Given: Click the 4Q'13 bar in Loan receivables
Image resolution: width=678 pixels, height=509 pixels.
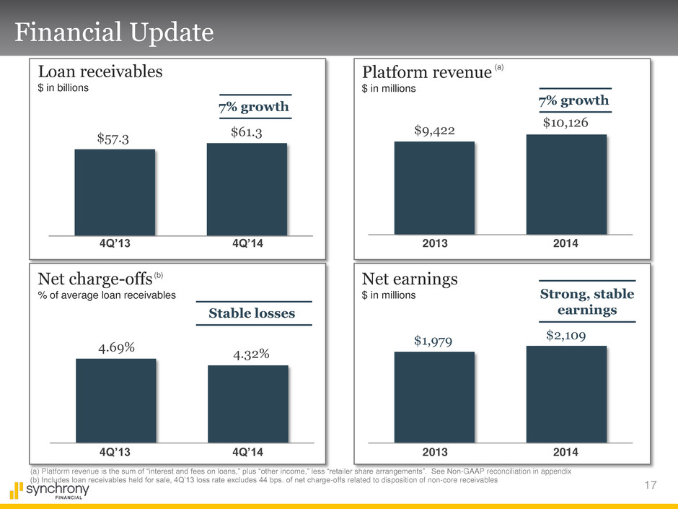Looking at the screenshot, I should click(x=115, y=192).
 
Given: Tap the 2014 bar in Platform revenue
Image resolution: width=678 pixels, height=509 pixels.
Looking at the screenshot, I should click(x=566, y=184).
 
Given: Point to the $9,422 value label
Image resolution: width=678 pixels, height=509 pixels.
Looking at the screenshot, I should click(x=434, y=130).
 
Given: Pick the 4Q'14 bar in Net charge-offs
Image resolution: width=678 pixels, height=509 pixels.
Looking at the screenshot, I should click(x=247, y=404).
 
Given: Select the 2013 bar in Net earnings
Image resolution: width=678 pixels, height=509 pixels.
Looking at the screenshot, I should click(x=434, y=396).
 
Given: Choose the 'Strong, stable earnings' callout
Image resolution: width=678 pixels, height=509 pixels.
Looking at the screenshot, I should click(x=587, y=302).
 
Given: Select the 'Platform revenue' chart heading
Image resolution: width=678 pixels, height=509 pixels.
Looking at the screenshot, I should click(x=426, y=74).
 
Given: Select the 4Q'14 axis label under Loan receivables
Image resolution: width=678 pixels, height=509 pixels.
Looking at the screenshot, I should click(x=247, y=243).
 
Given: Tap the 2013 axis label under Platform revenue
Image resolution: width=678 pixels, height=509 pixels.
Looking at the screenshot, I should click(x=434, y=243).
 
